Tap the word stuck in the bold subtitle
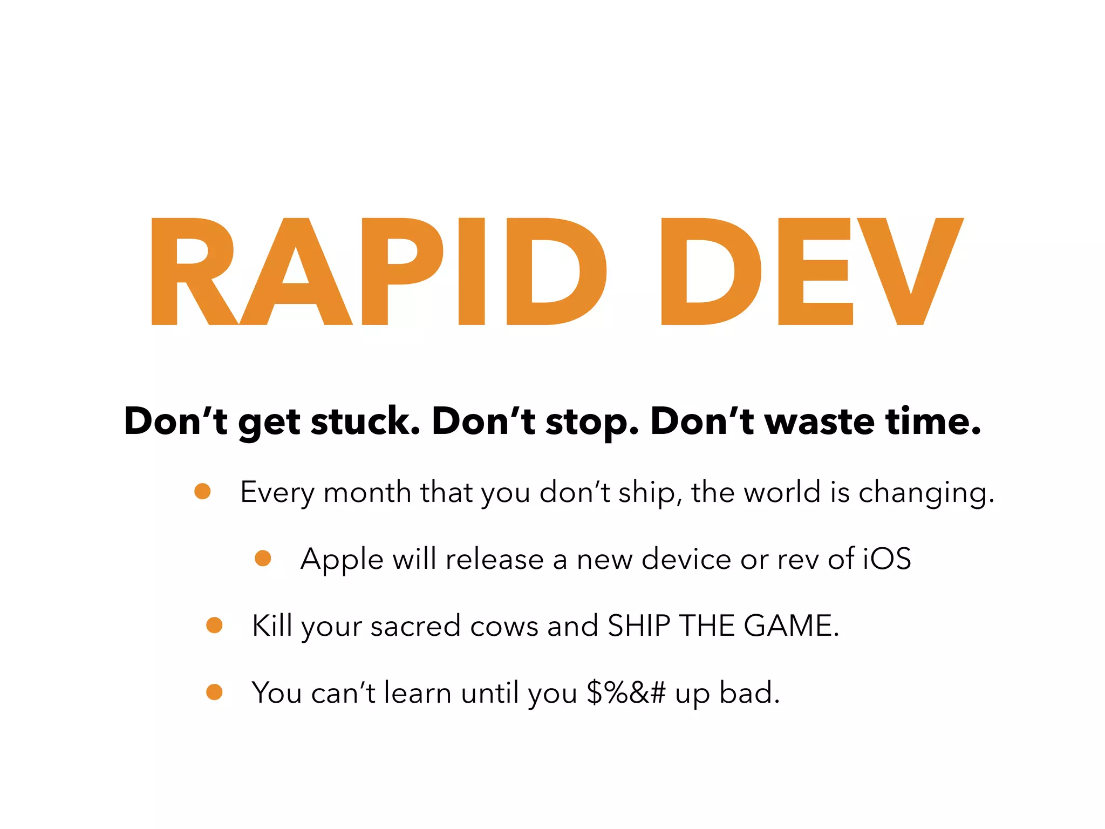tap(365, 422)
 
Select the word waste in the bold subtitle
tap(819, 422)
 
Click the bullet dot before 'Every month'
tap(202, 492)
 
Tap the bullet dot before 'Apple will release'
tap(263, 559)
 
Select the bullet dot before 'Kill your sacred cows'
tap(214, 626)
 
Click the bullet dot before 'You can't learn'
tap(214, 692)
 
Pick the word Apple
tap(342, 560)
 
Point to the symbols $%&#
tap(626, 693)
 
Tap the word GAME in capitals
tap(790, 626)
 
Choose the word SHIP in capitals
tap(638, 626)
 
